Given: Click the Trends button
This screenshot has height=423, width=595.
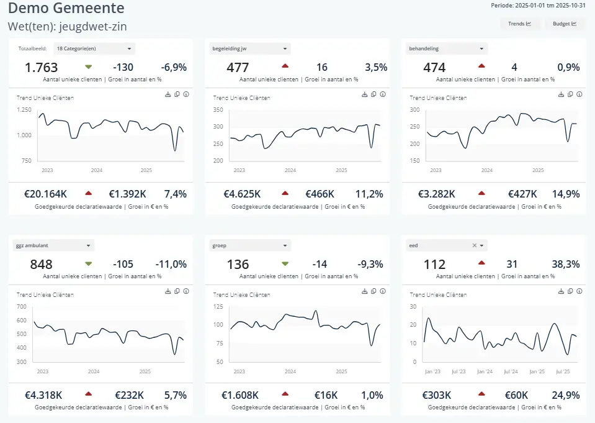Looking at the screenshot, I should pos(519,24).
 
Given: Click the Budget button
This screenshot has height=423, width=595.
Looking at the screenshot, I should pos(565,24).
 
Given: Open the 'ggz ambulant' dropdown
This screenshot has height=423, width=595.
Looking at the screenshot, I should pos(53,245).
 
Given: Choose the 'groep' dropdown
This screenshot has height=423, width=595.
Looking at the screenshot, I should pos(250,245).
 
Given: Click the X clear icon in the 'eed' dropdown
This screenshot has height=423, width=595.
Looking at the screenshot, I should pos(475,245).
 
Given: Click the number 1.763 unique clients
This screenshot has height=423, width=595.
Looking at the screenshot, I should pos(42,68).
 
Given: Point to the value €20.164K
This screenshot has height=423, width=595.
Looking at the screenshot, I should pos(45,194).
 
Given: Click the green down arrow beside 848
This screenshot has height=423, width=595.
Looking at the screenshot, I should pos(88,263).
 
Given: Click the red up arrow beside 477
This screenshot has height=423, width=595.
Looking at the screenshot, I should pos(285,65).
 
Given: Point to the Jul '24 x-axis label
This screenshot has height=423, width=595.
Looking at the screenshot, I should pos(511,371).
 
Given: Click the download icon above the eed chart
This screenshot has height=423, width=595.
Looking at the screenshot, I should pos(561,291).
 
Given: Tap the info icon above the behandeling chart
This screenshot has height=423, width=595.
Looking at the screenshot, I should pos(579,94).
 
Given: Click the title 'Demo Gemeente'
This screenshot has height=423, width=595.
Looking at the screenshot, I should pos(66,9).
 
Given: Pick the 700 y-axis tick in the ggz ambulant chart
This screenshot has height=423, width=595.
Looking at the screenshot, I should pos(22,307).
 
